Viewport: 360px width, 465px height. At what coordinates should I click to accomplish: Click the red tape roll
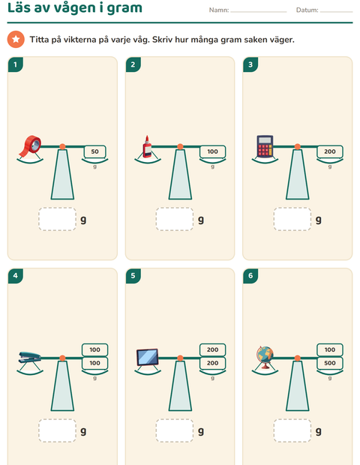pyautogui.click(x=30, y=146)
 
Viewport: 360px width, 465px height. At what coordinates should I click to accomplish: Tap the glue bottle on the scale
pyautogui.click(x=147, y=146)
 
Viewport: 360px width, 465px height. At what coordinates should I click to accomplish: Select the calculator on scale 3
pyautogui.click(x=265, y=146)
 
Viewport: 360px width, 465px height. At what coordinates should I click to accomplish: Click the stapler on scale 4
pyautogui.click(x=30, y=357)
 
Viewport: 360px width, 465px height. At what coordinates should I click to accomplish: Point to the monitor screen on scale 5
pyautogui.click(x=148, y=357)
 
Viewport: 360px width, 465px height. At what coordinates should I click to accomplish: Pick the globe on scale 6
pyautogui.click(x=265, y=357)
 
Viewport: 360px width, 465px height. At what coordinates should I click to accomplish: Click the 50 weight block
pyautogui.click(x=95, y=151)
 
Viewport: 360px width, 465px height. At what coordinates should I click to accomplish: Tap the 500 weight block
pyautogui.click(x=330, y=363)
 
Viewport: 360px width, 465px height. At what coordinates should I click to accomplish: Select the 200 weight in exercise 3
pyautogui.click(x=330, y=151)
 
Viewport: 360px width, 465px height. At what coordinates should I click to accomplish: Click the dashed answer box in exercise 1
pyautogui.click(x=57, y=219)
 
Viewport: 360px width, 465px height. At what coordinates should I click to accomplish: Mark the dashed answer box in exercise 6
pyautogui.click(x=292, y=430)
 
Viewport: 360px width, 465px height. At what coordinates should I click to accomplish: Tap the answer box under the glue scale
pyautogui.click(x=175, y=219)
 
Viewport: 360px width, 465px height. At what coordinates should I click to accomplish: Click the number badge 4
pyautogui.click(x=16, y=276)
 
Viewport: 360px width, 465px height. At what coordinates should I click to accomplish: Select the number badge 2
pyautogui.click(x=133, y=64)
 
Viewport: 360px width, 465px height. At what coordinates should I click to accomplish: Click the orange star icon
pyautogui.click(x=16, y=39)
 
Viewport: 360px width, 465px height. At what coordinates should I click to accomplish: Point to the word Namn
pyautogui.click(x=219, y=10)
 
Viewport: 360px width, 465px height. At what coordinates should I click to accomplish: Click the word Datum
pyautogui.click(x=307, y=10)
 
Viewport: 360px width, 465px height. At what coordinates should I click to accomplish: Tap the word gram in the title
pyautogui.click(x=124, y=8)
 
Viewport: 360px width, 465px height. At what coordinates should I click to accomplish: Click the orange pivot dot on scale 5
pyautogui.click(x=180, y=358)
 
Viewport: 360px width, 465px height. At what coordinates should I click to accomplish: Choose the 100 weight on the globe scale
pyautogui.click(x=330, y=349)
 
